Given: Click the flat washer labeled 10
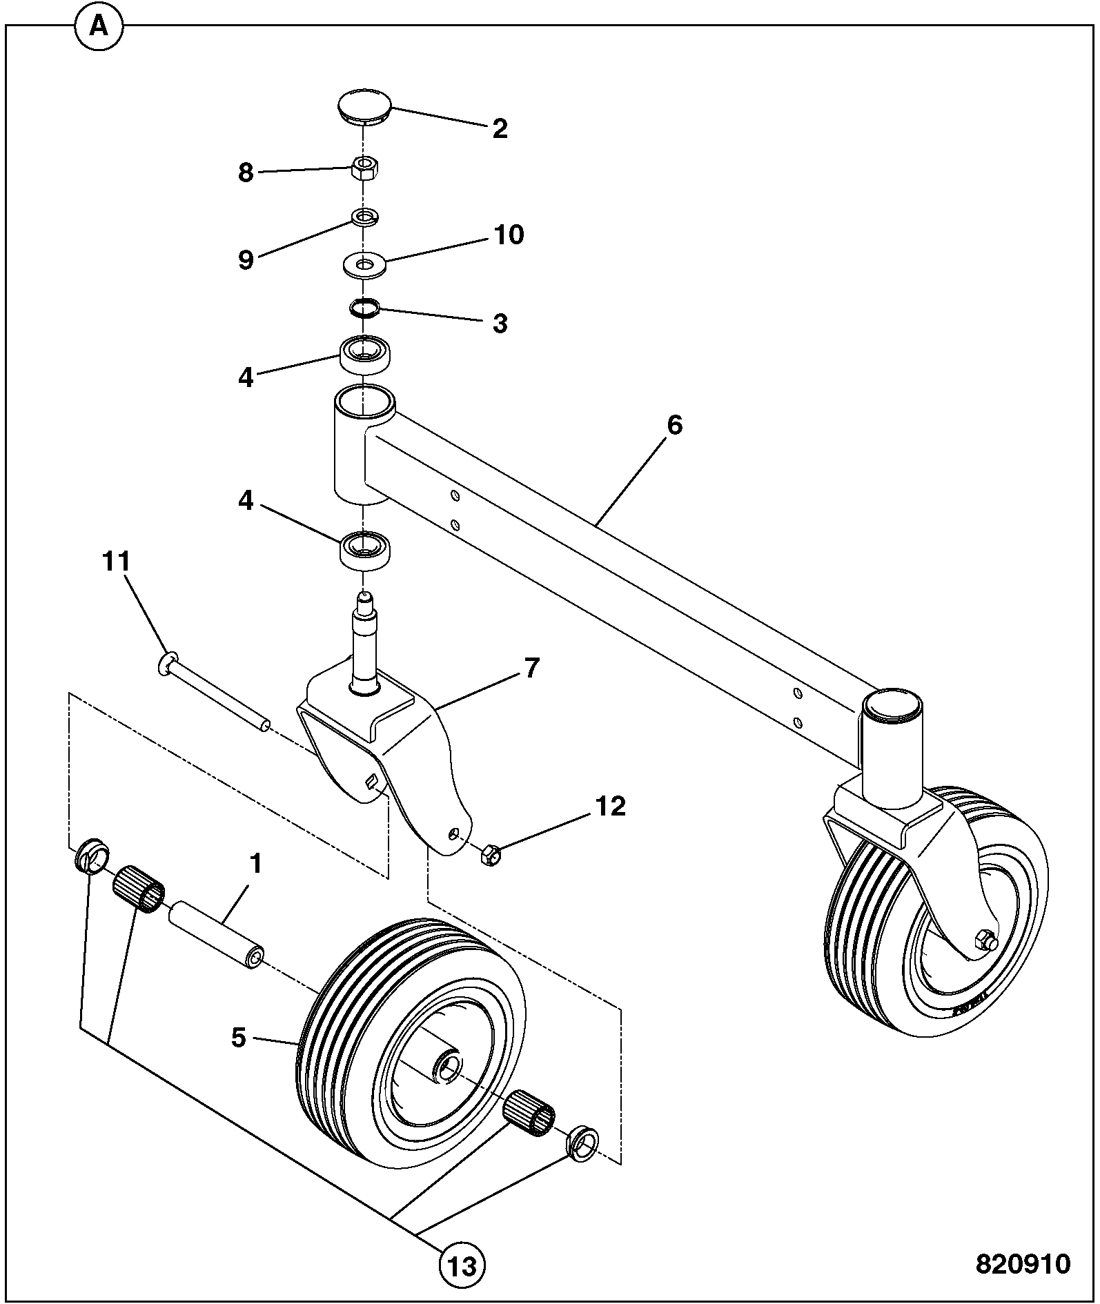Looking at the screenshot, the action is [364, 264].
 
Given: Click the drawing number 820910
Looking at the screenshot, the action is [1023, 1263].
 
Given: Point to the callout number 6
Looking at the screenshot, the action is [674, 425].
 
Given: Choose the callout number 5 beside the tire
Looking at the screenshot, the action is [239, 1038].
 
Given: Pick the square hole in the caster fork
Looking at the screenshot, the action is [372, 780].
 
